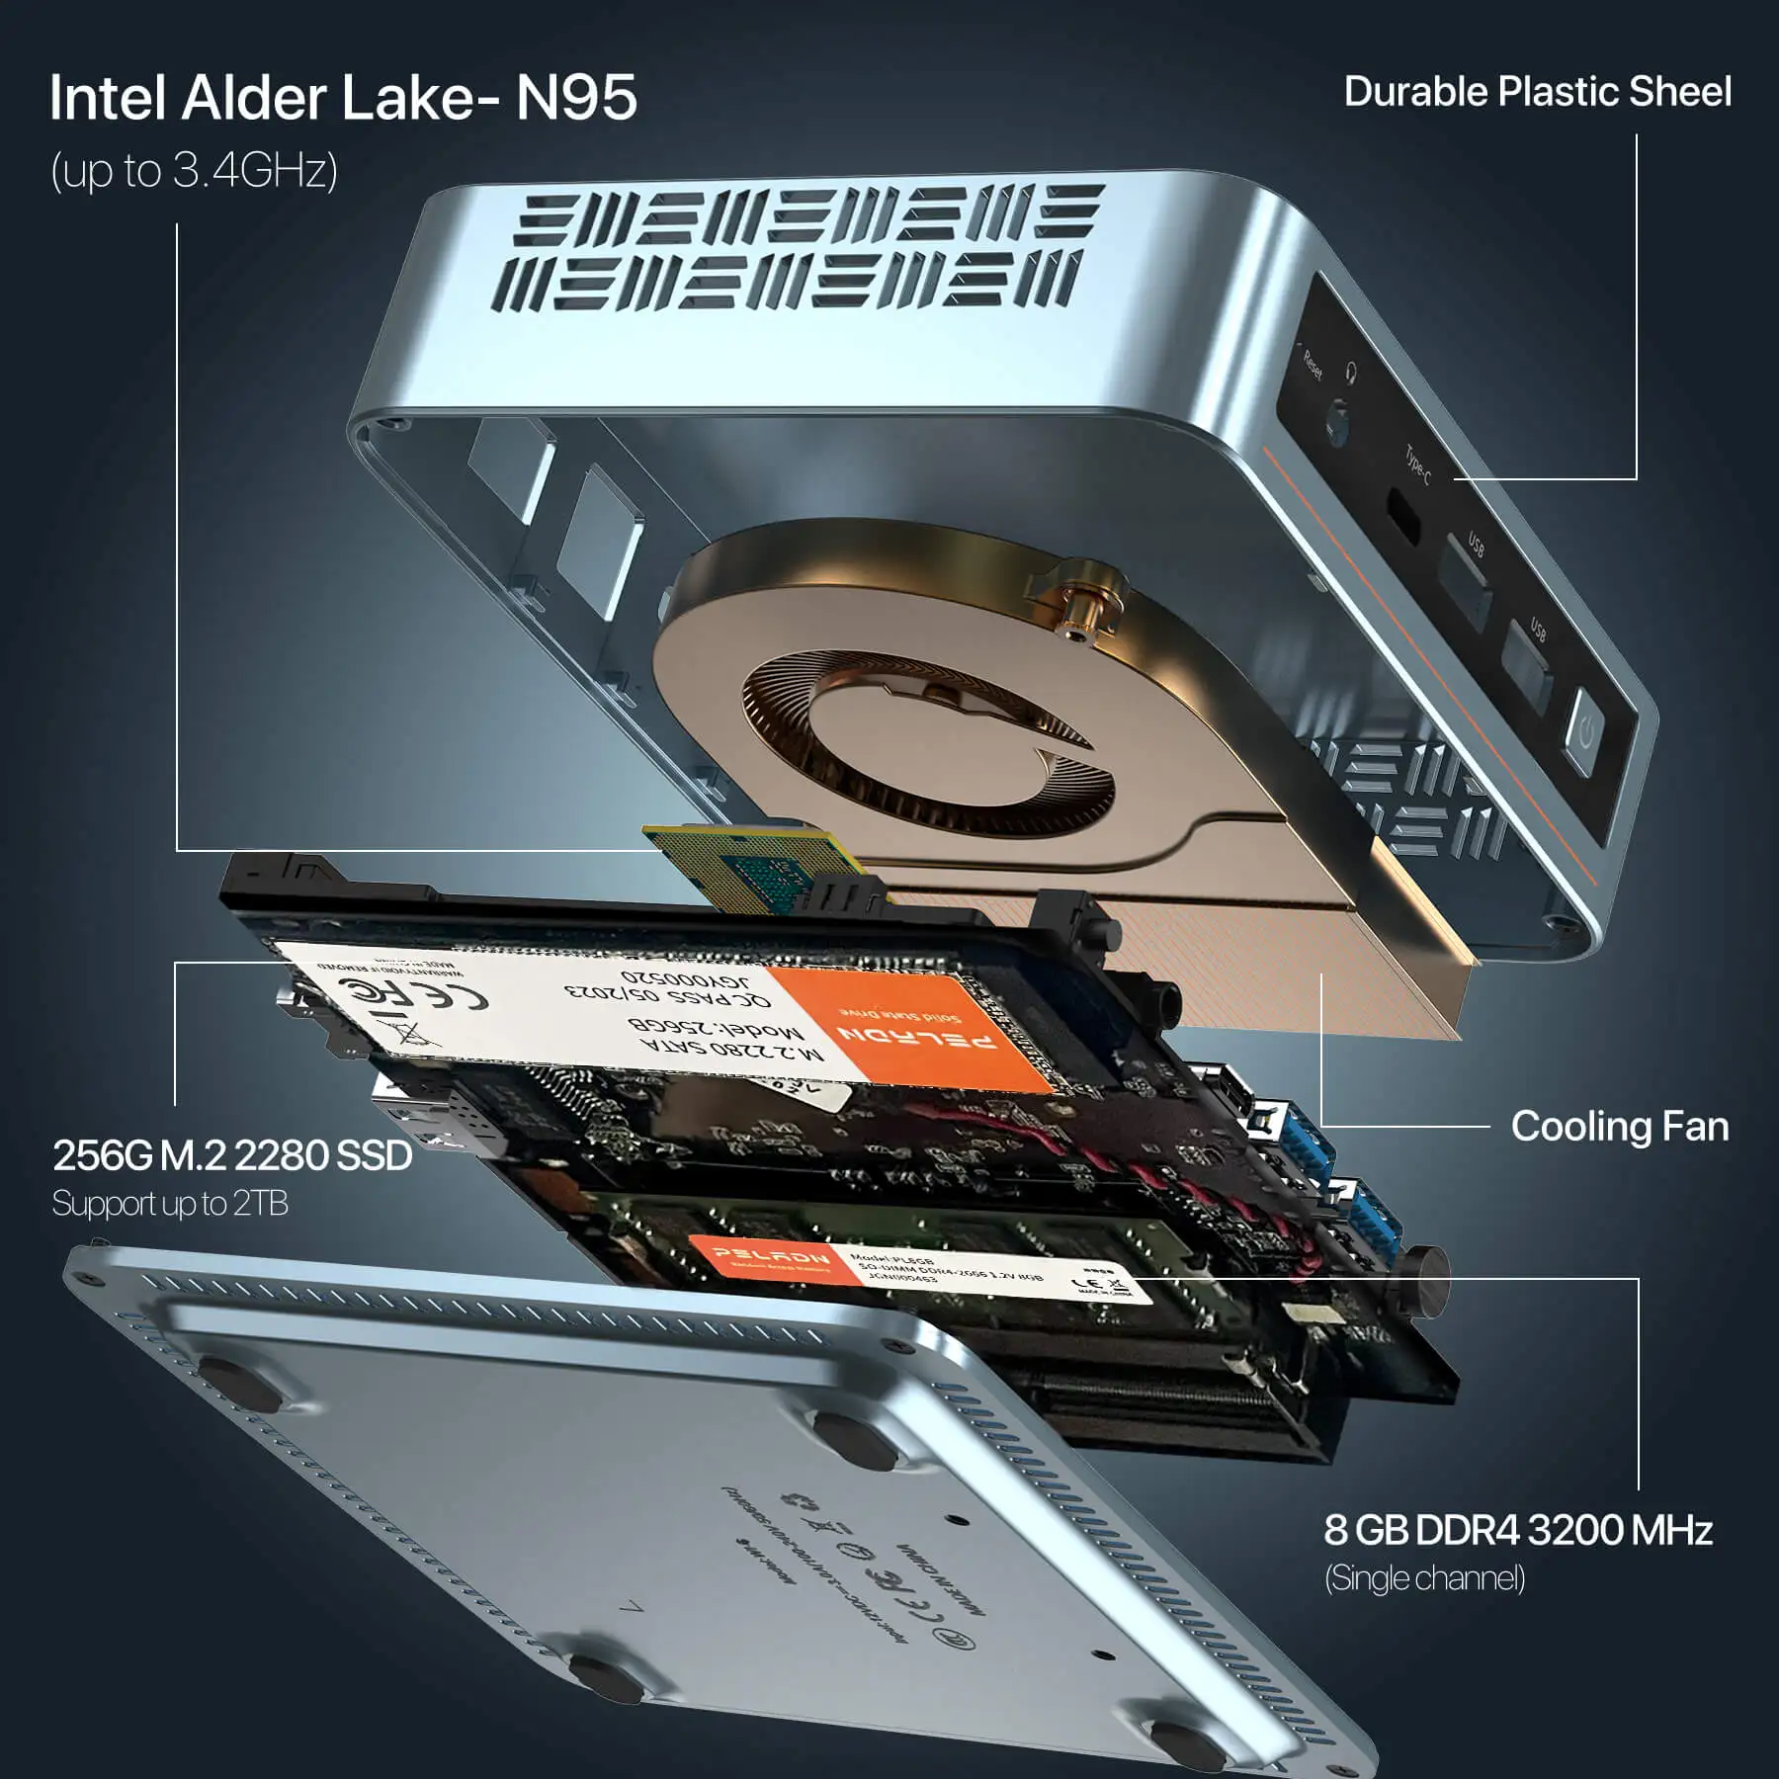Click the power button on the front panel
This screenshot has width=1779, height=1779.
[1585, 732]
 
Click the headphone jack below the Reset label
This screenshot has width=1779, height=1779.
[1337, 420]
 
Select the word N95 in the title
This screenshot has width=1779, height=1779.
[576, 98]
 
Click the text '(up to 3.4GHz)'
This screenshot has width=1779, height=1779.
[194, 170]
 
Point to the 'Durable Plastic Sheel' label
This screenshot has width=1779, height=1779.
[1537, 92]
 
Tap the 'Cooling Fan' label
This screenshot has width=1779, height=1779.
[1619, 1127]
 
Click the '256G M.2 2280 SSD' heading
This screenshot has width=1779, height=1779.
[232, 1155]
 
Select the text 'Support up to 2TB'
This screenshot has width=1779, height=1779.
[170, 1204]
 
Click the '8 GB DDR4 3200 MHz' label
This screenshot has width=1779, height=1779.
[1517, 1530]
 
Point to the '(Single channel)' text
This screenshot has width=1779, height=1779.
[1424, 1578]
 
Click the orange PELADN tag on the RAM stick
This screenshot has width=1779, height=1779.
[774, 1258]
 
